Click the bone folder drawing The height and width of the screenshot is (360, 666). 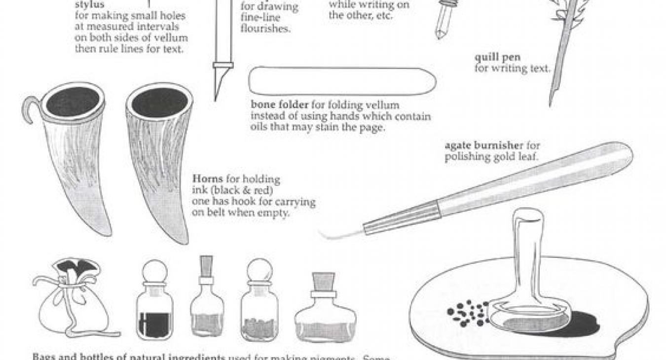click(x=341, y=81)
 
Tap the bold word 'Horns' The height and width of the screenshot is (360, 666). click(x=207, y=179)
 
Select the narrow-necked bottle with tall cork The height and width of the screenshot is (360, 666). click(x=207, y=301)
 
